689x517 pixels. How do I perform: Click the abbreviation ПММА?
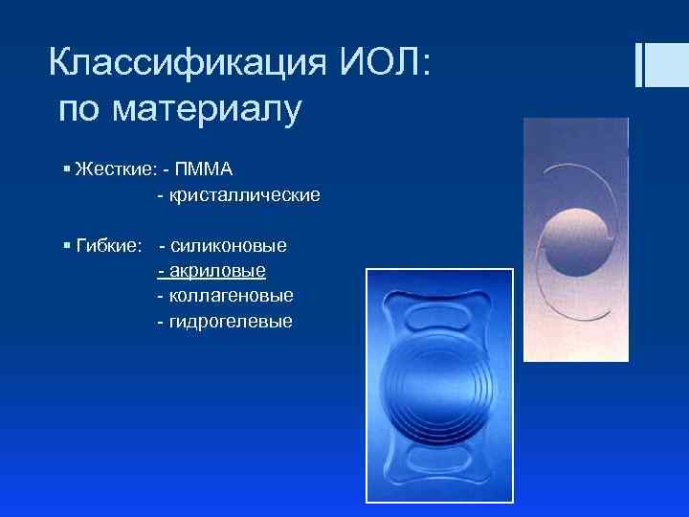point(204,169)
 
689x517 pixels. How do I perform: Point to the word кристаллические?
point(244,195)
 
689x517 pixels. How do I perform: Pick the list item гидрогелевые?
point(230,321)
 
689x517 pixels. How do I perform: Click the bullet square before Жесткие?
point(65,169)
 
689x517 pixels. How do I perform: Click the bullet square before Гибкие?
point(65,246)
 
